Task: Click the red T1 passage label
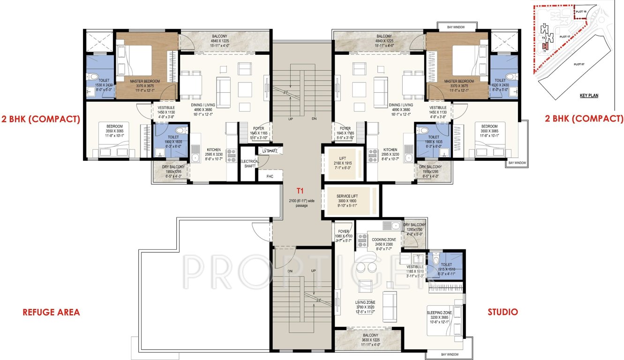pos(300,191)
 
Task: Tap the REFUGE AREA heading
pos(52,312)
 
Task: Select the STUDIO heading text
pos(503,312)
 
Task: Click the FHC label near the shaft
pos(270,177)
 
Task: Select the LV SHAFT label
pos(270,150)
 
